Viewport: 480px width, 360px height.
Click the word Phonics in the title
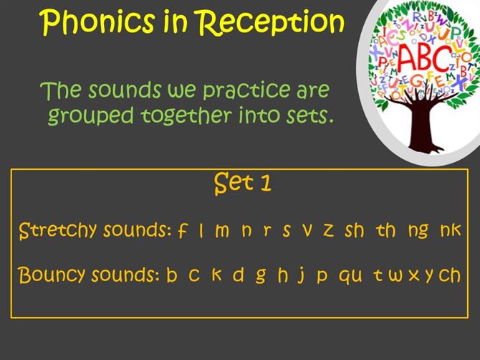(97, 22)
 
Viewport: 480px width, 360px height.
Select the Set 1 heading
(242, 184)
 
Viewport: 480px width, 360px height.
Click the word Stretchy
(58, 231)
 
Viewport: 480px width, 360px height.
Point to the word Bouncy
(51, 275)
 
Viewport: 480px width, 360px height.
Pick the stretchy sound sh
(355, 230)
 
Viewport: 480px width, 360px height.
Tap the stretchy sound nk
(451, 230)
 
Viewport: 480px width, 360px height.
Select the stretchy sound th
(385, 230)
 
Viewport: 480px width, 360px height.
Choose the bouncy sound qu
(350, 276)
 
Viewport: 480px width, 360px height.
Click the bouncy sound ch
(449, 275)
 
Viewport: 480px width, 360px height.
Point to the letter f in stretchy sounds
(183, 231)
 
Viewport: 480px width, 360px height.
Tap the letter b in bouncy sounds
(172, 275)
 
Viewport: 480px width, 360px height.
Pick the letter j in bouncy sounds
(302, 275)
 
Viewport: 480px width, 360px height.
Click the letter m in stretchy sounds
(222, 232)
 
